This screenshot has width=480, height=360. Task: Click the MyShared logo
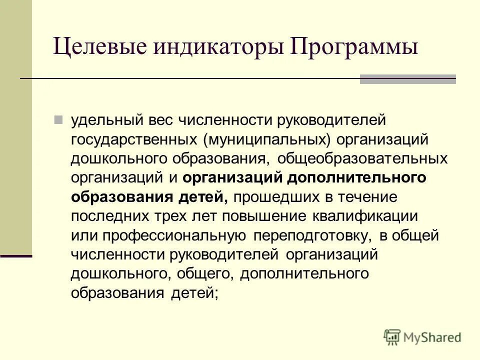[x=422, y=337]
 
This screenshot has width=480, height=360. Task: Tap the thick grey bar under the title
[x=408, y=79]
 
